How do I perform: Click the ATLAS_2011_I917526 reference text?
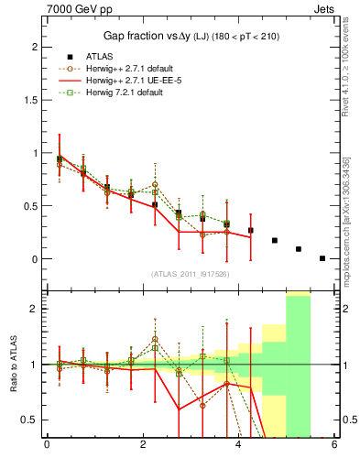point(190,274)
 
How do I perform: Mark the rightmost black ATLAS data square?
point(322,258)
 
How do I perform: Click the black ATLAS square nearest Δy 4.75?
point(275,241)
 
